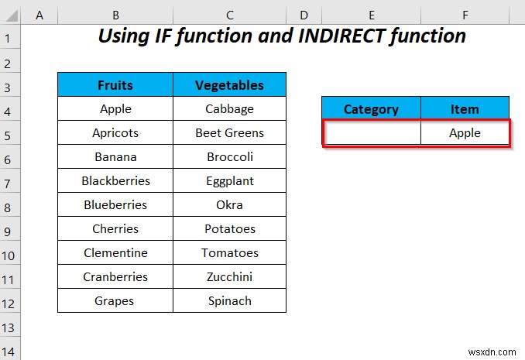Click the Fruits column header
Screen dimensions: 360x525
pyautogui.click(x=115, y=85)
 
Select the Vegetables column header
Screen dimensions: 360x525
pyautogui.click(x=229, y=85)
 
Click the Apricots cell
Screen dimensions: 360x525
pyautogui.click(x=115, y=132)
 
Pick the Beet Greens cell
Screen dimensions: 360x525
pyautogui.click(x=229, y=132)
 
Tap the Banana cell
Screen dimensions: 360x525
pyautogui.click(x=115, y=156)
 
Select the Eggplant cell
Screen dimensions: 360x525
pyautogui.click(x=229, y=180)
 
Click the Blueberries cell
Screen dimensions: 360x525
pyautogui.click(x=115, y=205)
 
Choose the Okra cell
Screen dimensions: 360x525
pyautogui.click(x=229, y=205)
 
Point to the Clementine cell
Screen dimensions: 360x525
pyautogui.click(x=115, y=253)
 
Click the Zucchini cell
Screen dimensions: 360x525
pyautogui.click(x=229, y=276)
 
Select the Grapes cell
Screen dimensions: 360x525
pyautogui.click(x=115, y=300)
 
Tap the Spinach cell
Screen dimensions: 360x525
pyautogui.click(x=229, y=300)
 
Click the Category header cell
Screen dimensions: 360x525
pyautogui.click(x=371, y=109)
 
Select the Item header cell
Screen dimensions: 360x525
pyautogui.click(x=465, y=109)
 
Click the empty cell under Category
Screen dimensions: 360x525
pyautogui.click(x=372, y=132)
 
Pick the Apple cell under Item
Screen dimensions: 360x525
pyautogui.click(x=465, y=132)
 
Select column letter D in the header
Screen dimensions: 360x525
pyautogui.click(x=304, y=14)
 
